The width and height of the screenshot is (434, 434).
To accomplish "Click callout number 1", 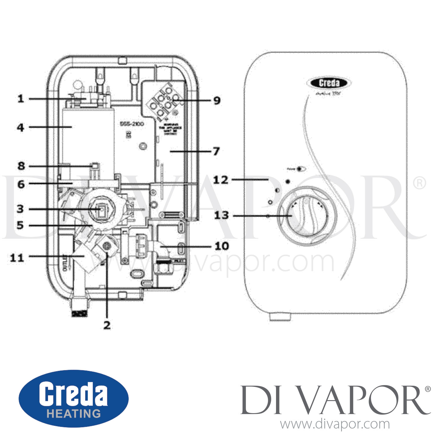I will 21,99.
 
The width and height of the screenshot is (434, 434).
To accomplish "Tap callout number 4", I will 21,127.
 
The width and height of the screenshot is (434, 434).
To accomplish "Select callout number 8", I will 21,166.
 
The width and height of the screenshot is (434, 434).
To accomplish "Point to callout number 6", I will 21,184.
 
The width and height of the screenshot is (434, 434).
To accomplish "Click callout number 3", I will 20,209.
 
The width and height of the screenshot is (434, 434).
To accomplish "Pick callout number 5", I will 20,225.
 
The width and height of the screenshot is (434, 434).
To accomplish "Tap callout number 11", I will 17,258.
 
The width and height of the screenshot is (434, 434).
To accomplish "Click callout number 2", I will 107,325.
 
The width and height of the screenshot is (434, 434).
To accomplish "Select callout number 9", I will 217,100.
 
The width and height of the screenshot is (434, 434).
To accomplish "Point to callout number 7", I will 216,151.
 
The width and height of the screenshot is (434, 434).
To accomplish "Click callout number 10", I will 222,246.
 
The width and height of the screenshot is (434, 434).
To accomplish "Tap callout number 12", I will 221,180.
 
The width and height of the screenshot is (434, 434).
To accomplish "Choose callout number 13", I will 221,215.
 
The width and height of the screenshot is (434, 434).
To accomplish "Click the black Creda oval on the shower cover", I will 329,83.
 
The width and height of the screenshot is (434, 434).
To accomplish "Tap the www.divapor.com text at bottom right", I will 335,424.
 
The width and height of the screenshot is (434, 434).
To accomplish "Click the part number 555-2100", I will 132,124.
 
